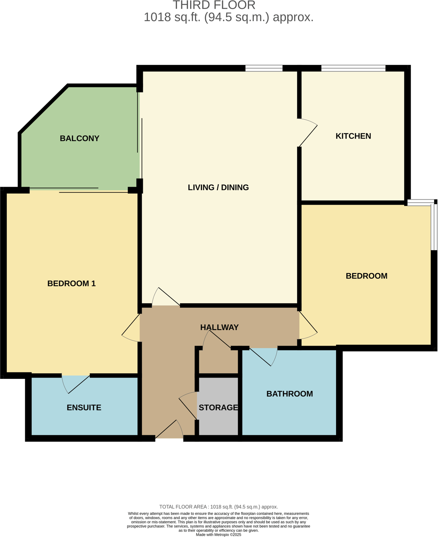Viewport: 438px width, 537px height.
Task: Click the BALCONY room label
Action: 79,139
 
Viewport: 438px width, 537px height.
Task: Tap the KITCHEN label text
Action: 353,136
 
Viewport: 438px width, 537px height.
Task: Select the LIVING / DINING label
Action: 218,187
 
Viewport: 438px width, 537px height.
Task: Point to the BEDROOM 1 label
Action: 71,284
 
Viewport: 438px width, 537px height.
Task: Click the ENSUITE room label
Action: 84,408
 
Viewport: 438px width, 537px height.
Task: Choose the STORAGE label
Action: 218,408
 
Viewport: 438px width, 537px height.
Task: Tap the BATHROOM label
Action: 290,394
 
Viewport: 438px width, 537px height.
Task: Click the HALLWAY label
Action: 219,328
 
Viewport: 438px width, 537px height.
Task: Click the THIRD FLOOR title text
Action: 214,5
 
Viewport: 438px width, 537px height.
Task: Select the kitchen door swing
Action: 308,132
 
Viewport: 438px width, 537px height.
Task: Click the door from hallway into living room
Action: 164,297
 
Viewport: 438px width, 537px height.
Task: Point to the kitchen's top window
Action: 353,68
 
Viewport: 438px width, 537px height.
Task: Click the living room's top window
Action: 264,68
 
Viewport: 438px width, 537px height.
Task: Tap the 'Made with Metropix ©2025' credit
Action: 219,535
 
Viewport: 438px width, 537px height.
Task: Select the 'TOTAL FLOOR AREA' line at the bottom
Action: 219,507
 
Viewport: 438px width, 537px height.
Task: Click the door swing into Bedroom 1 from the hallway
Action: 132,328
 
